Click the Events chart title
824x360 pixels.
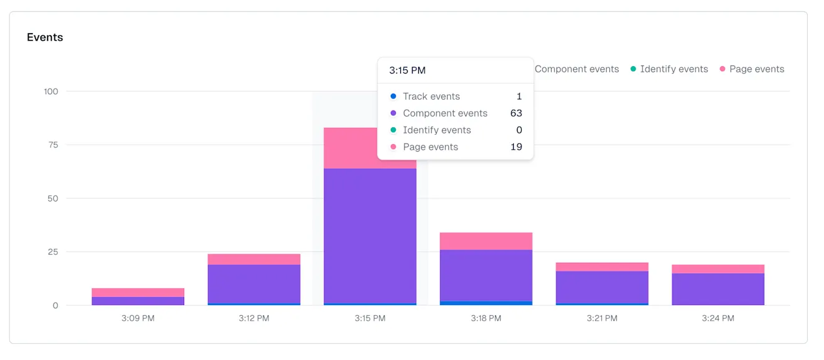coord(45,37)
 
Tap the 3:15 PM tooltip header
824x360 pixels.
coord(407,71)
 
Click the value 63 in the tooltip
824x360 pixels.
coord(516,114)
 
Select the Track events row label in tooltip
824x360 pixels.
coord(431,97)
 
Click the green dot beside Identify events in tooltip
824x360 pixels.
coord(393,130)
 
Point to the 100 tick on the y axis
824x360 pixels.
coord(51,92)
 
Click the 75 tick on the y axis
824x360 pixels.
coord(53,145)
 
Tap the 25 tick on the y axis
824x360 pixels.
coord(53,252)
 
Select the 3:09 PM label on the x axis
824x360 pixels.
coord(138,318)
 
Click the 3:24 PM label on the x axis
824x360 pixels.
coord(718,318)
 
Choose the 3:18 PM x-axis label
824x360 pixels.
coord(486,318)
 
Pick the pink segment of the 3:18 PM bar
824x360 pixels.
coord(486,241)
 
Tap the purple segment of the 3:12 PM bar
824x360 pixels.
coord(254,284)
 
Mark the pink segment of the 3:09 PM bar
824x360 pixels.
coord(138,293)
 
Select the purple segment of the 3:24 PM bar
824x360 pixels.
coord(718,289)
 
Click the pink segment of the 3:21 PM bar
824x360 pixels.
coord(602,267)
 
